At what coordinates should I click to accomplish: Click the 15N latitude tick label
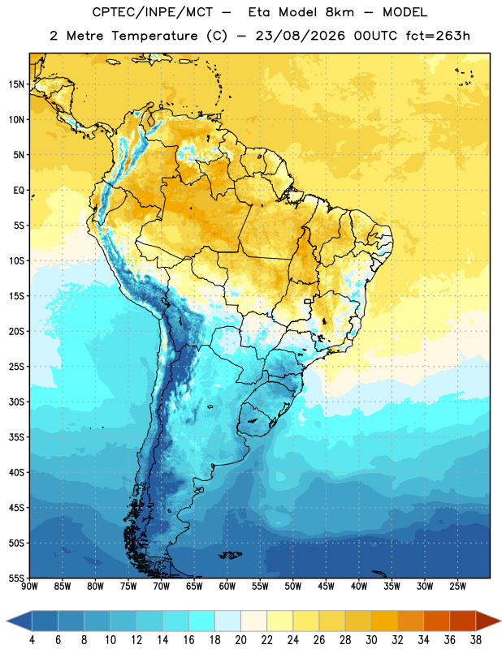point(16,84)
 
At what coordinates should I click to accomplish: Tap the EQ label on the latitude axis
point(19,191)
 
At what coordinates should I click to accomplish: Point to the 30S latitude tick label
point(16,402)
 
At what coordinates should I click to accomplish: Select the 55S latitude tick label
point(16,578)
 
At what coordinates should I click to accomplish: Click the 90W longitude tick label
point(29,587)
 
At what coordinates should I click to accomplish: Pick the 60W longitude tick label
point(227,587)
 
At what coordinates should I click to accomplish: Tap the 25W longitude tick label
point(457,587)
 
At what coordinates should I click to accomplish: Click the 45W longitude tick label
point(326,587)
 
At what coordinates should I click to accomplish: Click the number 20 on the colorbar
point(240,640)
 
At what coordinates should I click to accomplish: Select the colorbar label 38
point(476,640)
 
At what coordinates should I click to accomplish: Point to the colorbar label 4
point(32,640)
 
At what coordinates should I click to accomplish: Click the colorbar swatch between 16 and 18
point(202,621)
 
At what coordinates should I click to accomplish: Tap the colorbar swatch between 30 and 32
point(384,621)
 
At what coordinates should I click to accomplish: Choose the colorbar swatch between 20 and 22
point(254,621)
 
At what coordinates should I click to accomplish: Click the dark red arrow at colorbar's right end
point(489,621)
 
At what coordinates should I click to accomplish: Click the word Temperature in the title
point(154,36)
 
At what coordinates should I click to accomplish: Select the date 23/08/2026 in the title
point(300,36)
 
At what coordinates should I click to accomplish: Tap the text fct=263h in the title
point(438,36)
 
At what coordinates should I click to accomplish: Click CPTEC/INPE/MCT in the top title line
point(152,12)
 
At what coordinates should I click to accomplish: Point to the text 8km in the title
point(340,12)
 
